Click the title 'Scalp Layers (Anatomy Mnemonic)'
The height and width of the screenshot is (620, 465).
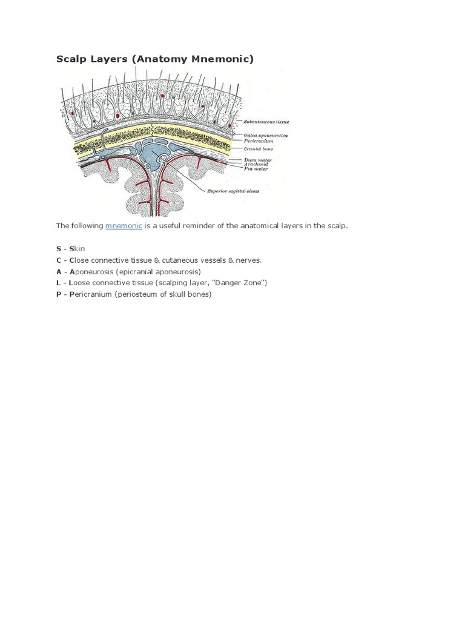154,59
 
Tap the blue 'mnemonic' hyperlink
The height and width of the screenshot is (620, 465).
124,226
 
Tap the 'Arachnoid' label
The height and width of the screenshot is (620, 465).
255,165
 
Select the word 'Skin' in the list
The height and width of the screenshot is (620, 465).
77,249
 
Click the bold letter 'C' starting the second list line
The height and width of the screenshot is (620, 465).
59,260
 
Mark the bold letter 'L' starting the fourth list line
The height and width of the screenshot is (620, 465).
59,283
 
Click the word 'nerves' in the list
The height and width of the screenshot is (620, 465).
249,260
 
